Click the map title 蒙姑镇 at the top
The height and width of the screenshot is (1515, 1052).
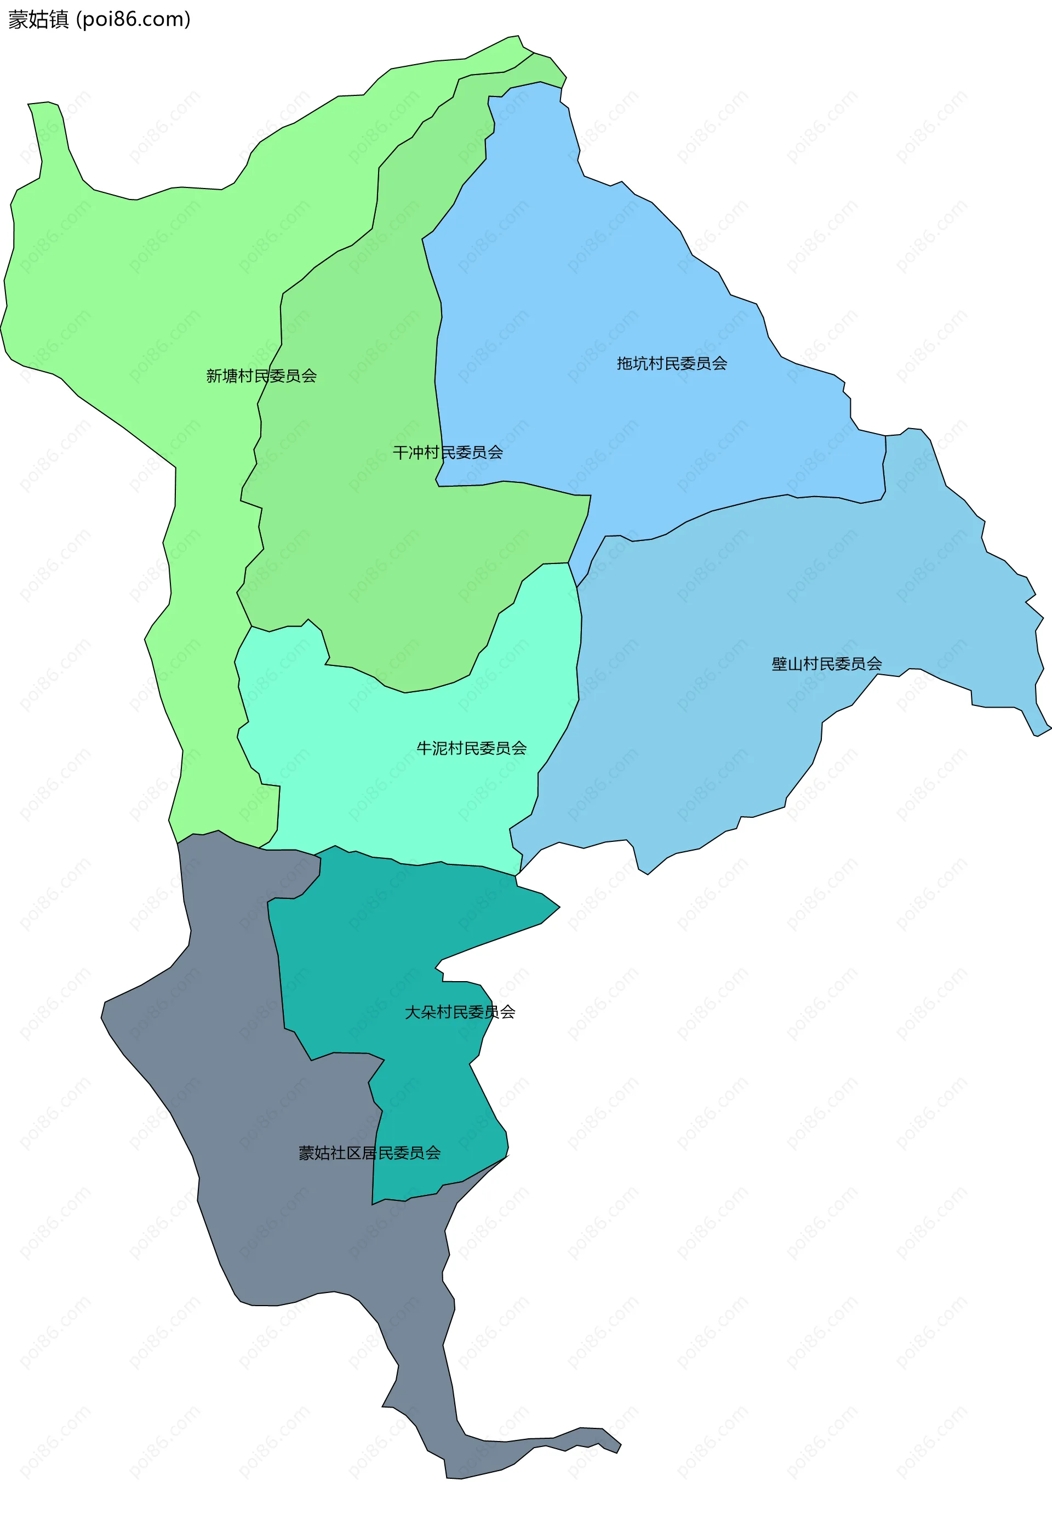coord(38,20)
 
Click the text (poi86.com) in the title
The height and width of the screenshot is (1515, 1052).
coord(134,20)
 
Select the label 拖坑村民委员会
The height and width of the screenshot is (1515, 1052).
coord(672,363)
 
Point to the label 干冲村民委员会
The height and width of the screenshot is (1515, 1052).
coord(448,452)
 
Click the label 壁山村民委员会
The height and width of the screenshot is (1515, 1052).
coord(827,663)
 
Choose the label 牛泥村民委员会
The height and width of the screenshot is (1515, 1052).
coord(471,748)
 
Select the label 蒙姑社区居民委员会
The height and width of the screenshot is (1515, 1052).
coord(369,1152)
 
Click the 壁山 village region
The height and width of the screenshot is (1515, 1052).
coord(758,594)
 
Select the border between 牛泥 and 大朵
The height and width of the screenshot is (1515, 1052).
coord(422,864)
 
